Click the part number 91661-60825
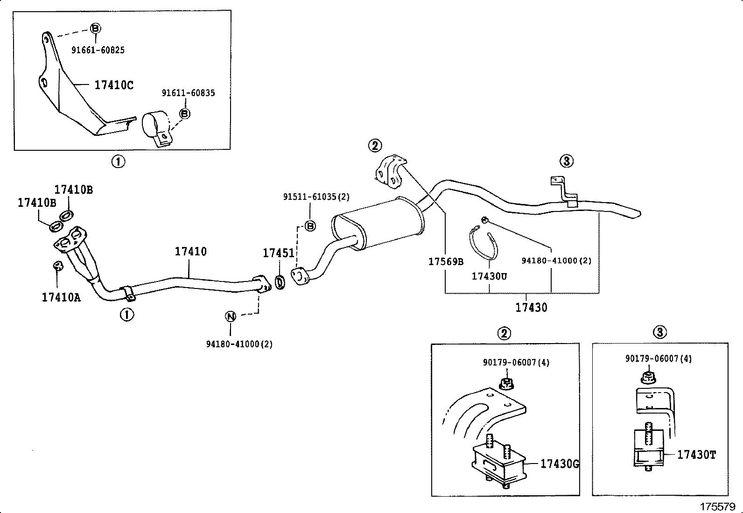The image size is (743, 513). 98,50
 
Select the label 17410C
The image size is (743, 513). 114,85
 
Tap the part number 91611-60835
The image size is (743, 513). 188,93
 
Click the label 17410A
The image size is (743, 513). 61,297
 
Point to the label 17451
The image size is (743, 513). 279,253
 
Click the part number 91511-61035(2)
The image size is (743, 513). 316,197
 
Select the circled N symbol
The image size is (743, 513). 231,316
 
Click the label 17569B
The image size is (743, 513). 446,261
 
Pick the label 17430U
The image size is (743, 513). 489,276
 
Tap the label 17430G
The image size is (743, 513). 560,464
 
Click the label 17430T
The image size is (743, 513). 696,454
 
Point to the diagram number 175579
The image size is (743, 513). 717,506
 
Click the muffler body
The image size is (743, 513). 379,224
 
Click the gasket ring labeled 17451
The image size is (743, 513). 280,282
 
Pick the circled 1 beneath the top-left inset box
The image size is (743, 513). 118,162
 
